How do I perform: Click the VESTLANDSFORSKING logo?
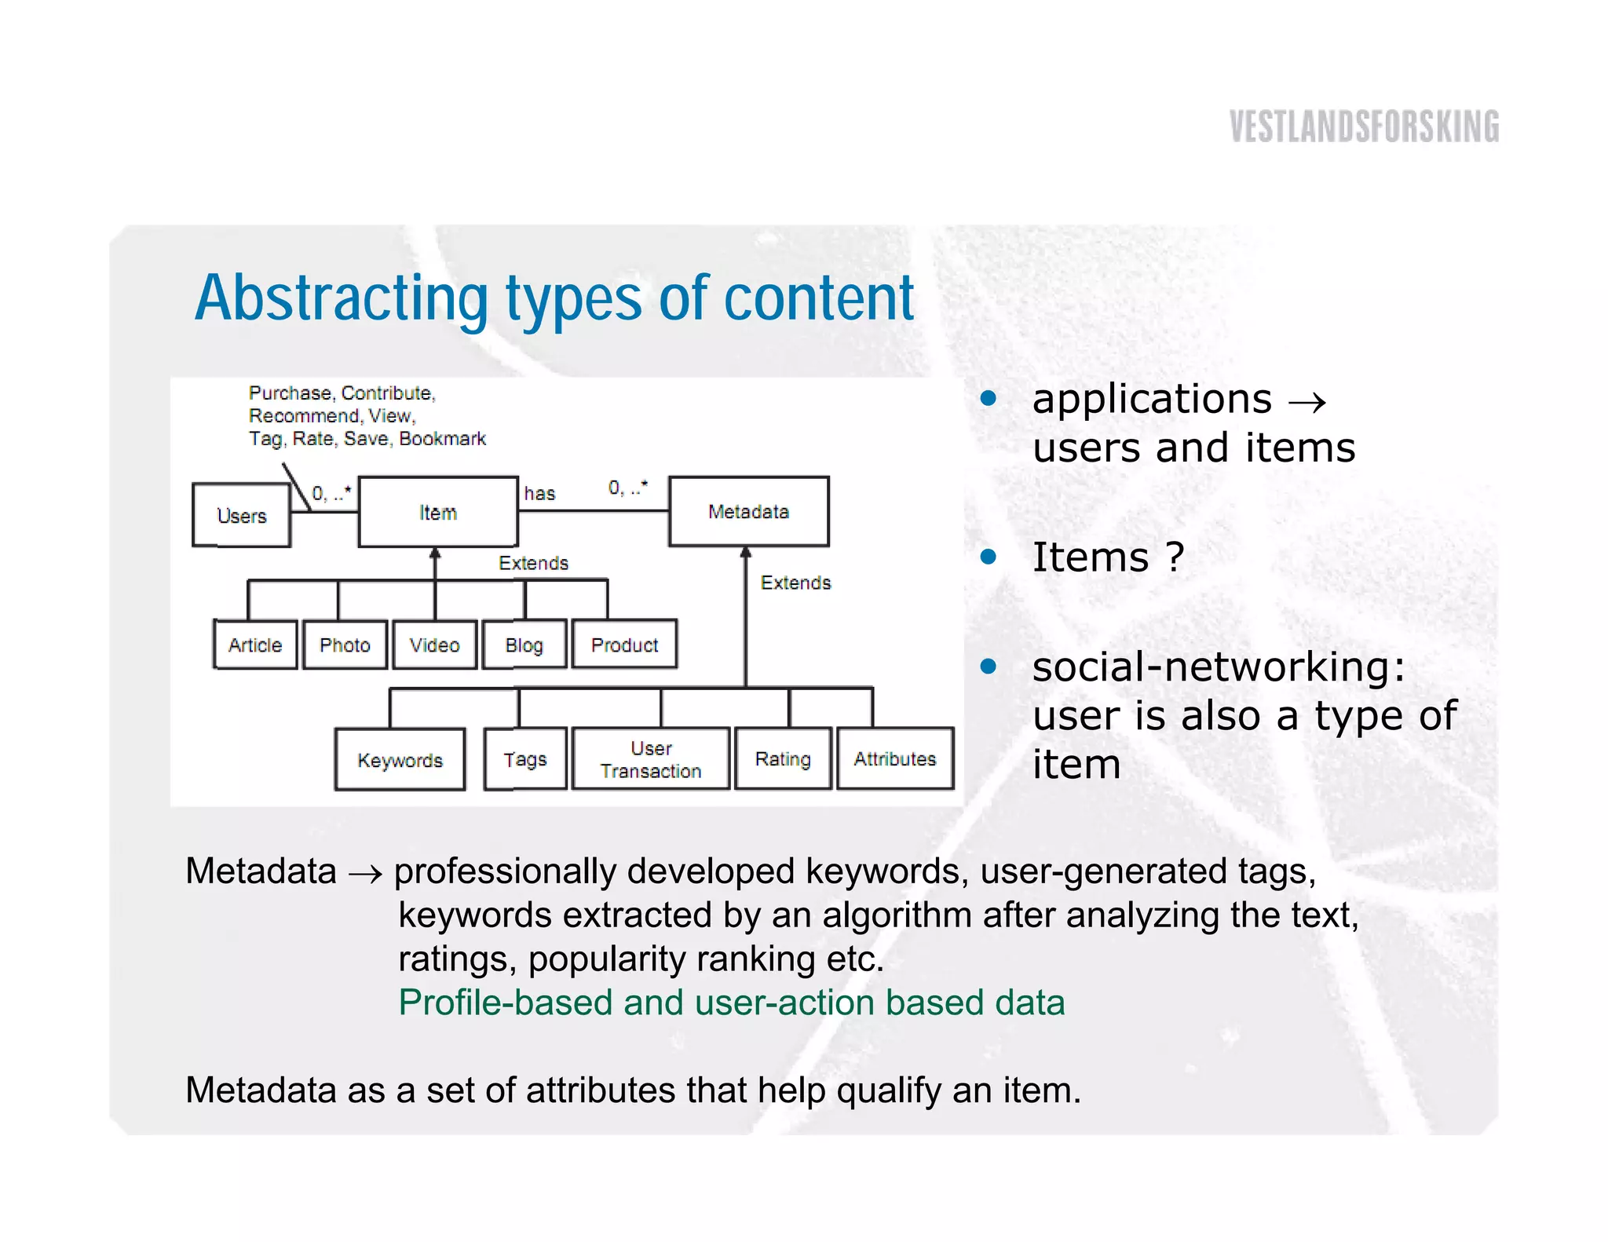click(x=1364, y=126)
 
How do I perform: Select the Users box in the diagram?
click(x=241, y=516)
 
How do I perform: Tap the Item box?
click(x=437, y=513)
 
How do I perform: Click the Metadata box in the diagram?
click(x=748, y=512)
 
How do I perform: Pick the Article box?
click(x=255, y=645)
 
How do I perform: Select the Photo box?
click(x=345, y=645)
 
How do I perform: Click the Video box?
click(x=434, y=645)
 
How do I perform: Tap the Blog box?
click(x=524, y=645)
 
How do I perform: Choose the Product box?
click(x=624, y=645)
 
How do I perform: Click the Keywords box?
click(x=400, y=759)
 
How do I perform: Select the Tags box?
click(x=524, y=759)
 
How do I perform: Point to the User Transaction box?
click(x=651, y=759)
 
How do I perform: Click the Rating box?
click(x=782, y=759)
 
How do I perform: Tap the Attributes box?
click(x=895, y=759)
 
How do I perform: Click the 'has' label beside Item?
click(x=539, y=494)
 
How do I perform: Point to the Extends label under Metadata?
click(x=795, y=583)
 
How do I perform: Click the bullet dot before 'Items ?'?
click(x=989, y=557)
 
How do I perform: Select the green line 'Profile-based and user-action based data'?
click(x=731, y=1003)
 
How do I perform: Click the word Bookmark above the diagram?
click(x=443, y=439)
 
